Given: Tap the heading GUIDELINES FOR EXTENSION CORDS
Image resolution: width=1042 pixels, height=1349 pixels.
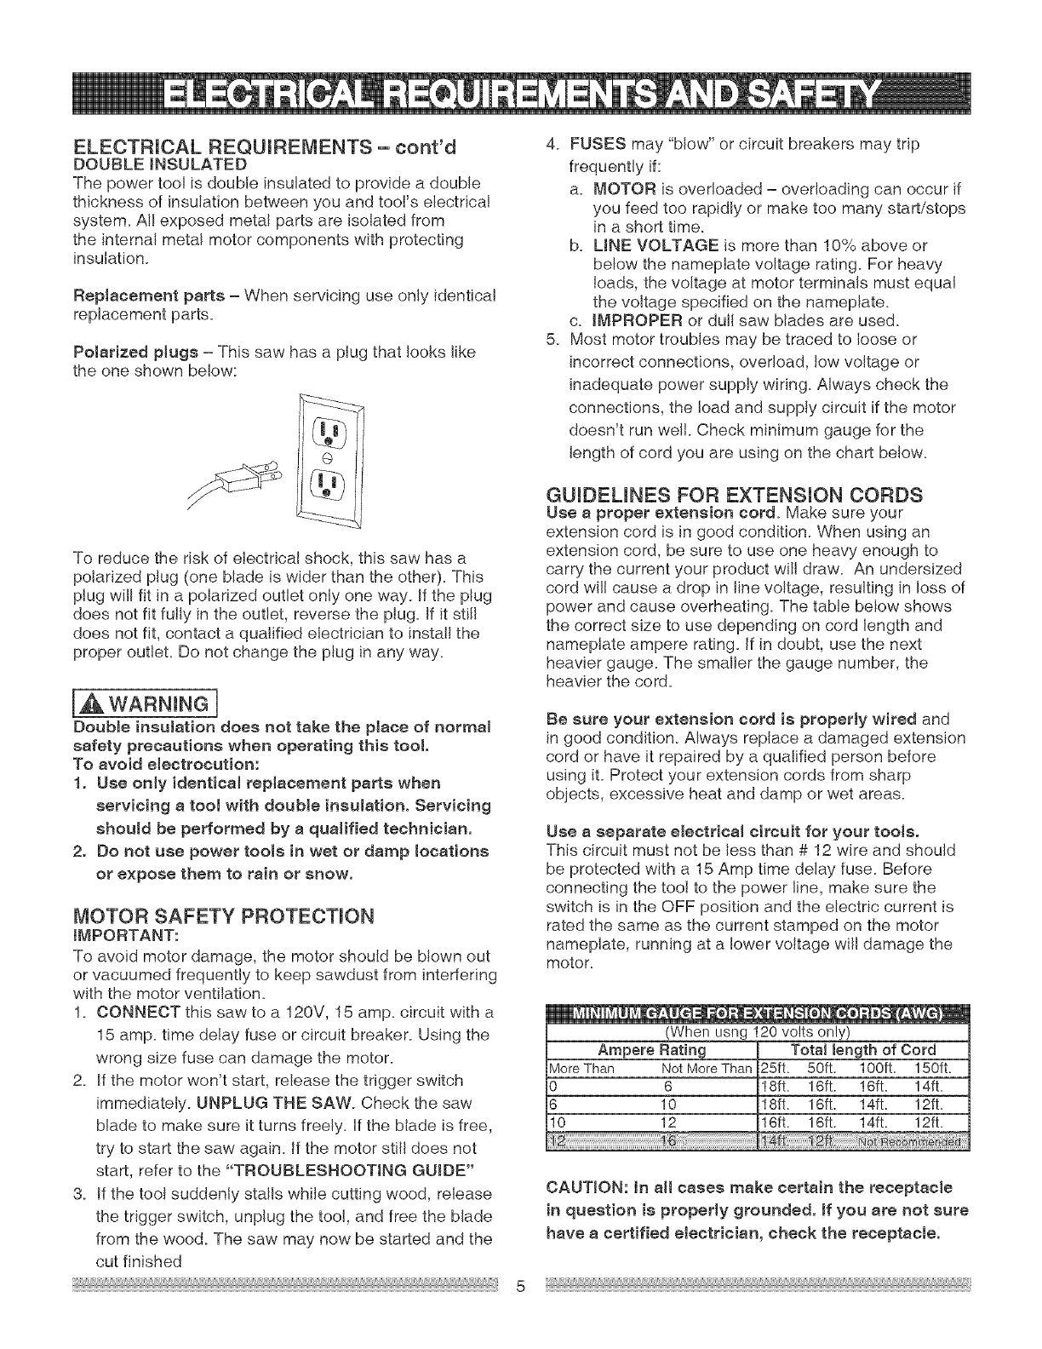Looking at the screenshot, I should click(736, 495).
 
